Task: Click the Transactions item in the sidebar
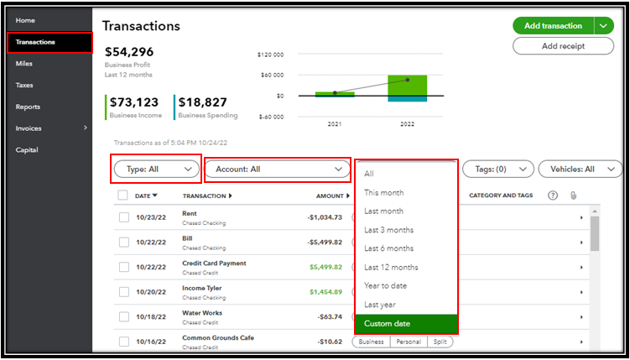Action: pyautogui.click(x=36, y=42)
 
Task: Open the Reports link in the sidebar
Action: pyautogui.click(x=28, y=107)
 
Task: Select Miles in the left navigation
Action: pyautogui.click(x=24, y=64)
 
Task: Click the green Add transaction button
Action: pyautogui.click(x=553, y=26)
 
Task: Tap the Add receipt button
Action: pyautogui.click(x=563, y=46)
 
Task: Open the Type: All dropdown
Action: pyautogui.click(x=157, y=169)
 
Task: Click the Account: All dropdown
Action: pyautogui.click(x=278, y=169)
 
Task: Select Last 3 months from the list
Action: pyautogui.click(x=388, y=230)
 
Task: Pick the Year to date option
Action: pyautogui.click(x=385, y=286)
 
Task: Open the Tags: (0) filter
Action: pyautogui.click(x=498, y=169)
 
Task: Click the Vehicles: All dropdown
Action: pyautogui.click(x=580, y=169)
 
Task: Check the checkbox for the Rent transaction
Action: pyautogui.click(x=124, y=217)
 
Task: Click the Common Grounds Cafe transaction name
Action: pyautogui.click(x=217, y=337)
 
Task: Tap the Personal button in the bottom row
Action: pyautogui.click(x=408, y=342)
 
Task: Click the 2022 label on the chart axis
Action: pyautogui.click(x=408, y=123)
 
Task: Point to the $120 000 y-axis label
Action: pyautogui.click(x=271, y=55)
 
